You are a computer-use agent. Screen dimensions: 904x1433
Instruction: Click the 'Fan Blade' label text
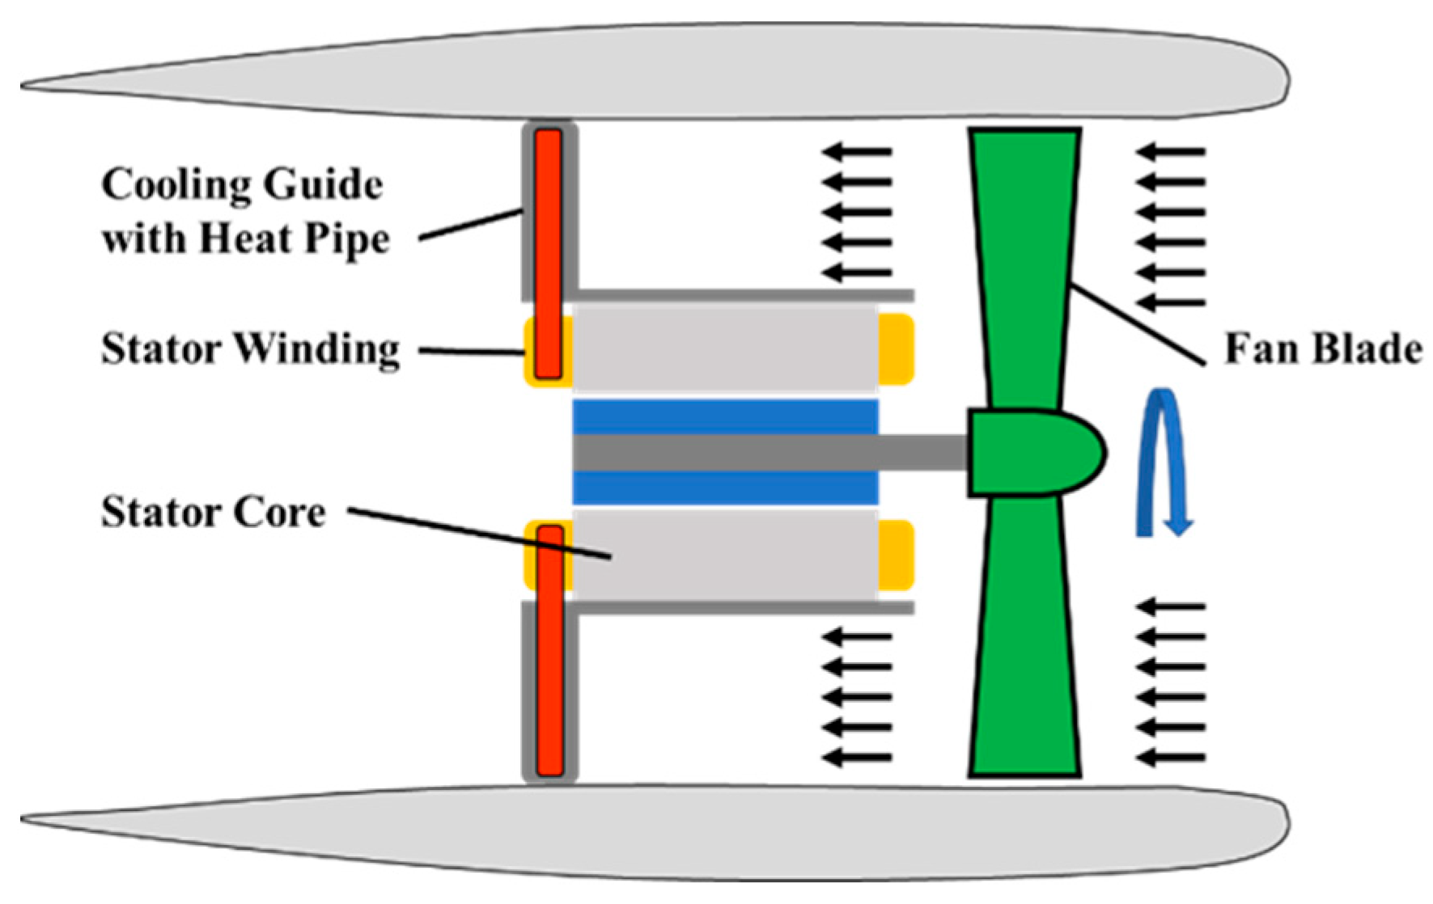pos(1322,349)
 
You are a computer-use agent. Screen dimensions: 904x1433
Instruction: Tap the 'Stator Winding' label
pos(250,349)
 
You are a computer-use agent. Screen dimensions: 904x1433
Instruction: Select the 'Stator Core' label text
pos(214,512)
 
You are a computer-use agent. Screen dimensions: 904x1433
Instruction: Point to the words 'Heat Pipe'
pos(295,239)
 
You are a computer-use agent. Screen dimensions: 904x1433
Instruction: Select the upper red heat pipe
pos(548,251)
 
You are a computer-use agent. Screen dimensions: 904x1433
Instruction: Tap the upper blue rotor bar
pos(725,416)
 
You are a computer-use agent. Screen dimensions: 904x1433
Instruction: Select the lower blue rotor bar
pos(725,489)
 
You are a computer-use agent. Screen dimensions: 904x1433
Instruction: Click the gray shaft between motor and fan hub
pos(922,453)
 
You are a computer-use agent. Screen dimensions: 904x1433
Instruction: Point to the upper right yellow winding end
pos(896,349)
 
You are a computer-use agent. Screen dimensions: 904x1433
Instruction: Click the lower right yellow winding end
pos(896,555)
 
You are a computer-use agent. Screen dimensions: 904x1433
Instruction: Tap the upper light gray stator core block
pos(725,349)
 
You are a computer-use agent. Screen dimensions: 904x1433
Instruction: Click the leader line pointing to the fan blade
pos(1137,323)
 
